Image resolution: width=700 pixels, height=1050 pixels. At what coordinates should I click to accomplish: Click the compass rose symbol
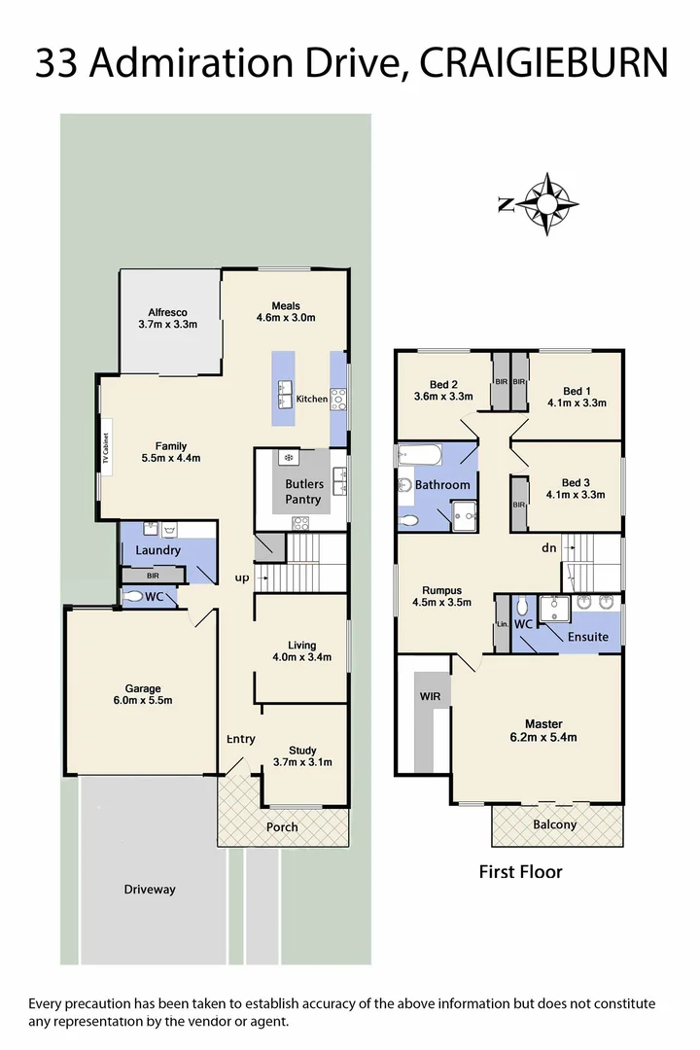[x=546, y=203]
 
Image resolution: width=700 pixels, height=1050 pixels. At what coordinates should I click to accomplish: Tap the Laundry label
[x=157, y=550]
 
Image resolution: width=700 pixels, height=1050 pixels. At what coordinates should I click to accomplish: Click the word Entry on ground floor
[x=241, y=740]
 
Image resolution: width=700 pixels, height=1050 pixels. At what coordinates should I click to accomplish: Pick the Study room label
[x=302, y=751]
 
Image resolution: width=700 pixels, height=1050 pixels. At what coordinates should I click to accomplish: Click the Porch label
[x=283, y=827]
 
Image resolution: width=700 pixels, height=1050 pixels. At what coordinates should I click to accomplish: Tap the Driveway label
[x=150, y=889]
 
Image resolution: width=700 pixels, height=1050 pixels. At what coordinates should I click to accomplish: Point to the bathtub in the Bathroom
[x=419, y=455]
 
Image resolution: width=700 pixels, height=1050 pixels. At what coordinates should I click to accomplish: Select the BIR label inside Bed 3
[x=519, y=506]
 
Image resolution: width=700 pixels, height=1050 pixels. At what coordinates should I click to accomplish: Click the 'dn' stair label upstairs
[x=549, y=548]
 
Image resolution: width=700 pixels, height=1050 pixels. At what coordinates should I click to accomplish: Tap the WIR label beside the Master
[x=430, y=697]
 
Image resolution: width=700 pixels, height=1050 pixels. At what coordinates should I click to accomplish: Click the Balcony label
[x=555, y=824]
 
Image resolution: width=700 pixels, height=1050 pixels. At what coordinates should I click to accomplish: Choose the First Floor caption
[x=520, y=872]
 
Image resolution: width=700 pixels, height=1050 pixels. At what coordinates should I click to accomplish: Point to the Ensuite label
[x=588, y=637]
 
